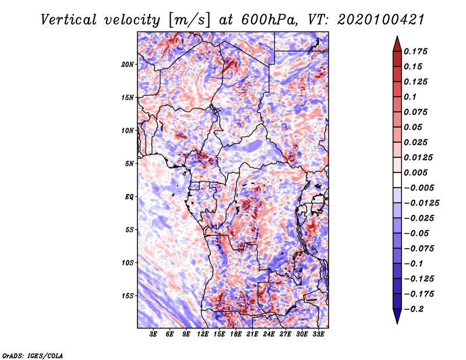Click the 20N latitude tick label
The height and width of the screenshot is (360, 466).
tap(128, 65)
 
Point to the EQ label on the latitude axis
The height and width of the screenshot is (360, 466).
tap(129, 197)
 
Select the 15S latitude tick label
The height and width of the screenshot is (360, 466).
tap(128, 296)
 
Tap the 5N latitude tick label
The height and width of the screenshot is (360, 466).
tap(129, 164)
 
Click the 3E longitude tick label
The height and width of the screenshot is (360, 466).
tap(153, 334)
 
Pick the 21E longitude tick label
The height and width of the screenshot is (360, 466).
tap(252, 334)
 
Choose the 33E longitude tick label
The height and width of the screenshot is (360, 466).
tap(318, 334)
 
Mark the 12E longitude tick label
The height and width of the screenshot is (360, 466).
tap(203, 334)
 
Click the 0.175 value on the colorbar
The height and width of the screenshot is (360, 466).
tap(415, 51)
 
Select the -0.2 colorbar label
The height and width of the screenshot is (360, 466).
tap(414, 309)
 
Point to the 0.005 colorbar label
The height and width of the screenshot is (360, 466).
tap(415, 172)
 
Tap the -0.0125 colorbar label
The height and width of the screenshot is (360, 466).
tap(421, 203)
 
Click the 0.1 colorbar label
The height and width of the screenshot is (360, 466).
tap(410, 97)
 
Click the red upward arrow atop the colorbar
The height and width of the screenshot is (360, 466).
tap(397, 44)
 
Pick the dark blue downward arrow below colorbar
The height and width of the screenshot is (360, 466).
tap(397, 316)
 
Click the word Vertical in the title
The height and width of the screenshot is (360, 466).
tap(69, 20)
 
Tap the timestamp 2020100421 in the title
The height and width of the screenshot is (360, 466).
tap(381, 20)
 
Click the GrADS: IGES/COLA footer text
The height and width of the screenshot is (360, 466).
tap(33, 355)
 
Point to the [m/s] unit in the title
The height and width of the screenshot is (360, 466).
tap(189, 20)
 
